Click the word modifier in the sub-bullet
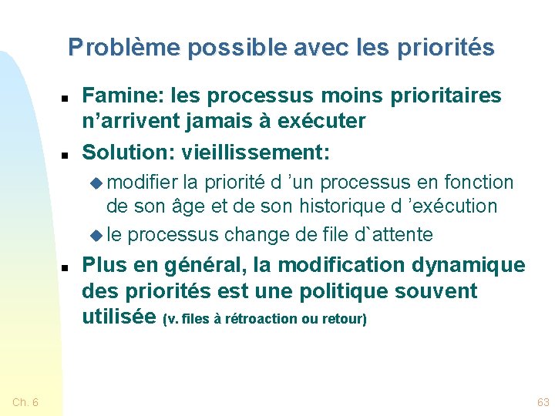pyautogui.click(x=143, y=183)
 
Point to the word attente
pyautogui.click(x=399, y=233)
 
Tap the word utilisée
pyautogui.click(x=119, y=317)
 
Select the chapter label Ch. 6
pyautogui.click(x=26, y=402)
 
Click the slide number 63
pyautogui.click(x=543, y=402)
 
